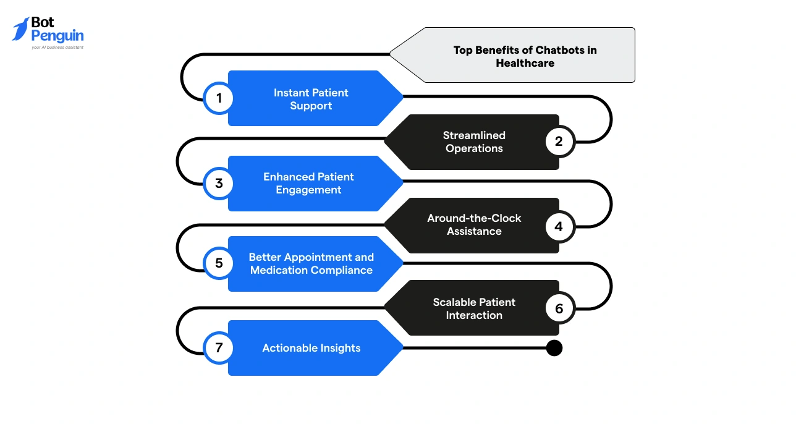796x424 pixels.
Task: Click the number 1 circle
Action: click(x=218, y=98)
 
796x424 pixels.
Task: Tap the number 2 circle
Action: click(x=559, y=142)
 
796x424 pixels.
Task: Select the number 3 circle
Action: click(x=218, y=184)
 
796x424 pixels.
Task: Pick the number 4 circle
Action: click(x=559, y=226)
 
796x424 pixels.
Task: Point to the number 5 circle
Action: click(x=218, y=263)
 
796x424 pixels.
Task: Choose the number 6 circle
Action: click(x=559, y=308)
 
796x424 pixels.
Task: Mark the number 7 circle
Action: click(x=218, y=348)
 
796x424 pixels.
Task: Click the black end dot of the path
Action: click(x=554, y=348)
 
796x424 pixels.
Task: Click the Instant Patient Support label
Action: click(x=311, y=99)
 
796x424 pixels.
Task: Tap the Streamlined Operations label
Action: click(x=474, y=142)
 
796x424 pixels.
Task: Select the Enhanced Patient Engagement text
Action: click(x=308, y=183)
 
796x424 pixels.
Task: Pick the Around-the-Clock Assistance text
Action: click(x=474, y=224)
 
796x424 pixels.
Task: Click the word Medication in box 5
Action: click(x=276, y=270)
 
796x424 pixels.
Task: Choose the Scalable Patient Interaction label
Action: click(x=474, y=308)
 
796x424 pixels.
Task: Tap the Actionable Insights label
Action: click(x=311, y=348)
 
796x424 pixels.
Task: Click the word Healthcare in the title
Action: click(x=525, y=63)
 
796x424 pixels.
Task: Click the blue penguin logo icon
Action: click(x=20, y=29)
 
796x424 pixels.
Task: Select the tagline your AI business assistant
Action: click(x=57, y=47)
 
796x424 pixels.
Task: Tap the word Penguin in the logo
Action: click(x=57, y=36)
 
